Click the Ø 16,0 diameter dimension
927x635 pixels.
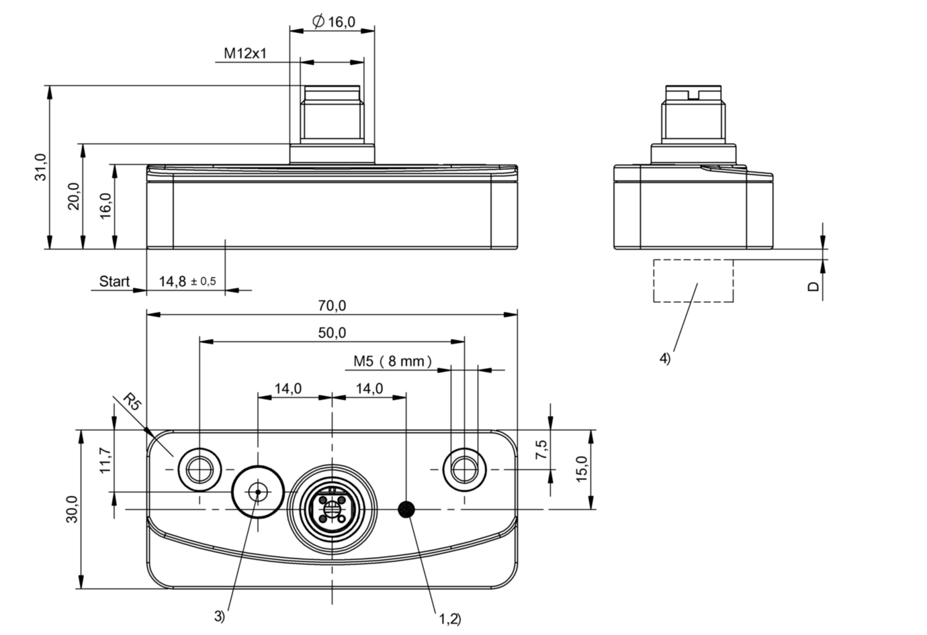[x=334, y=22]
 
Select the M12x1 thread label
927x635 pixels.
[x=245, y=54]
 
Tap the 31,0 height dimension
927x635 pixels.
[x=41, y=166]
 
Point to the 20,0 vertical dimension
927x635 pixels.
[x=74, y=196]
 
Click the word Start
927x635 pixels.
[x=114, y=281]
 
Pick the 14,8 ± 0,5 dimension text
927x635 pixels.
[x=187, y=281]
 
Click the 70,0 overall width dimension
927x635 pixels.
[x=332, y=306]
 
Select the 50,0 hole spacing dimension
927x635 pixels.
[x=332, y=333]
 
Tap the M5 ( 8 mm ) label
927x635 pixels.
[x=393, y=361]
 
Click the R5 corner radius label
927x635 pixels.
[x=132, y=404]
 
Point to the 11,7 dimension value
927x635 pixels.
[x=105, y=462]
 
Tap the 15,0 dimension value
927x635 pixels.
[x=582, y=469]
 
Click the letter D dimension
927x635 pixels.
[x=813, y=287]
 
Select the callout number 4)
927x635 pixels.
[x=664, y=358]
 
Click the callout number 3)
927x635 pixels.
[x=220, y=616]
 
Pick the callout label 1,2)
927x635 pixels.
[x=450, y=618]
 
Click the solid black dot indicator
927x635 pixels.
[x=406, y=510]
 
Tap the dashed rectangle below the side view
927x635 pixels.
[x=693, y=281]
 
